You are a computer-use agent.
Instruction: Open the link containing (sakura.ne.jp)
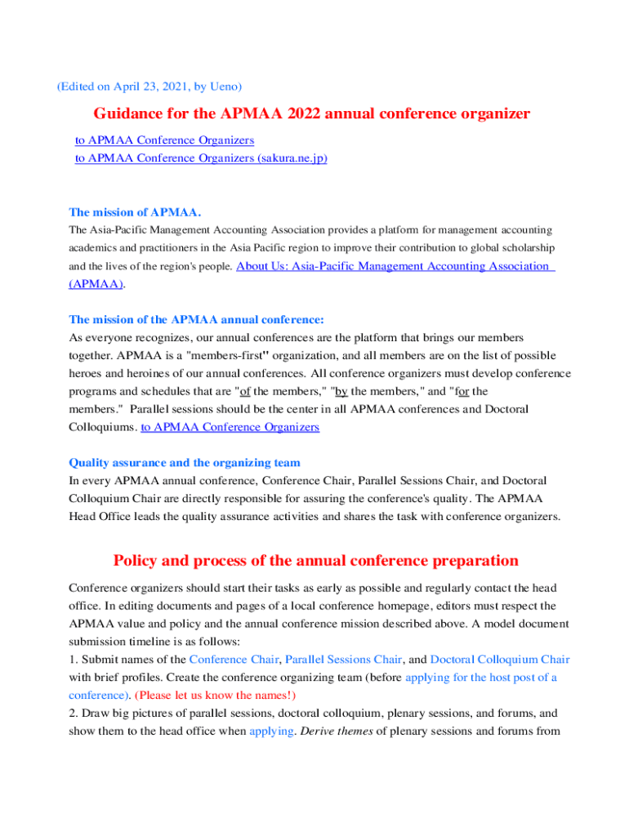[201, 158]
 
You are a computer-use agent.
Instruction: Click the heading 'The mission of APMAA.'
[135, 212]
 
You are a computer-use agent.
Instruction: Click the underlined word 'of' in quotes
[244, 391]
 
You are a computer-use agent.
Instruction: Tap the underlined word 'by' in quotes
[341, 391]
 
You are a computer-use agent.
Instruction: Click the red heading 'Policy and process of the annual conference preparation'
[315, 560]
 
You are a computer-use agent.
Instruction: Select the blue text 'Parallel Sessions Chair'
[343, 660]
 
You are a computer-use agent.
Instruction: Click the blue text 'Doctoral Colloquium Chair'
[500, 660]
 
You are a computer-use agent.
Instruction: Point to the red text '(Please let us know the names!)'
[215, 696]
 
